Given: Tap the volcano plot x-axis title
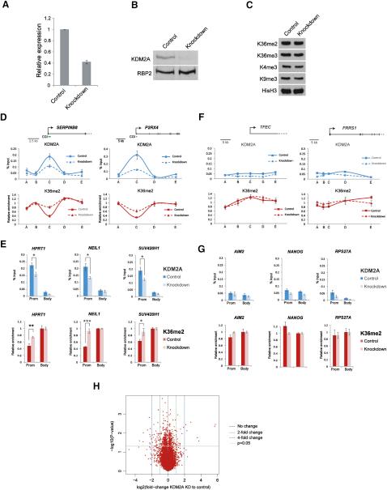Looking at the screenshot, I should (185, 484).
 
